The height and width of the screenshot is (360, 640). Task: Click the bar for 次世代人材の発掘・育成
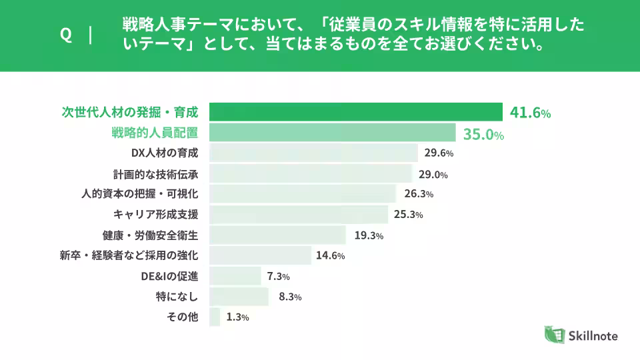pos(356,112)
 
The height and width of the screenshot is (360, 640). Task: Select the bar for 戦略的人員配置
pos(333,133)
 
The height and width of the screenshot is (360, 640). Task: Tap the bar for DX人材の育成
pos(314,153)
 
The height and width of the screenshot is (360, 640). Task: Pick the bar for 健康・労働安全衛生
pos(278,235)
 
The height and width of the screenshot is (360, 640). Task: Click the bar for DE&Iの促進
pos(235,276)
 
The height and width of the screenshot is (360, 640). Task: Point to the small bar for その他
pos(215,317)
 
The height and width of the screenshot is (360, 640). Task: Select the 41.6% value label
pos(530,113)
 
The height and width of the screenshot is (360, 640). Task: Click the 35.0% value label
pos(483,134)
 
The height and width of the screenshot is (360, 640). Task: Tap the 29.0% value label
pos(433,174)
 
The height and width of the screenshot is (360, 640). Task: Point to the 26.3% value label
pos(419,194)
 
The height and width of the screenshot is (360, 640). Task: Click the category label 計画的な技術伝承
pos(156,174)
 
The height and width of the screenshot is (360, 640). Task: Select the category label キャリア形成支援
pos(156,215)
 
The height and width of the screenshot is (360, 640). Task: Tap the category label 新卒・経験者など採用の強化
pos(129,255)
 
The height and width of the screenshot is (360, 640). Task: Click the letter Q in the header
pos(66,35)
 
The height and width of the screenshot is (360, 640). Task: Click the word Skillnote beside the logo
pos(594,336)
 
